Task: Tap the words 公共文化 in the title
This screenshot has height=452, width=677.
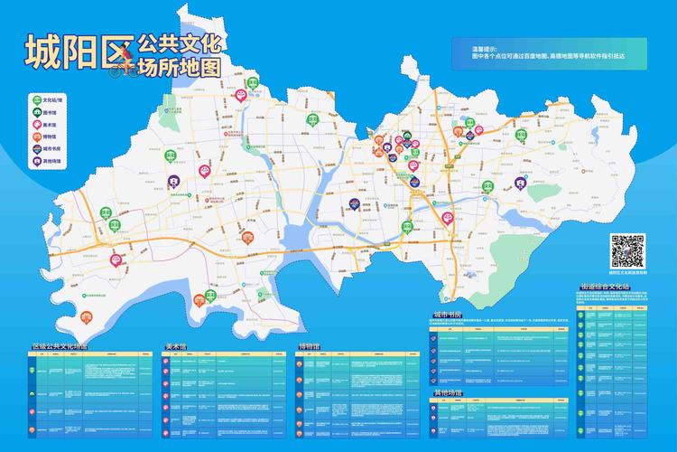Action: (180, 42)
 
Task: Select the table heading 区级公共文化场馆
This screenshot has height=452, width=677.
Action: (60, 346)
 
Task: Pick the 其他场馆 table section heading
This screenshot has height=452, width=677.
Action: (448, 394)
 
